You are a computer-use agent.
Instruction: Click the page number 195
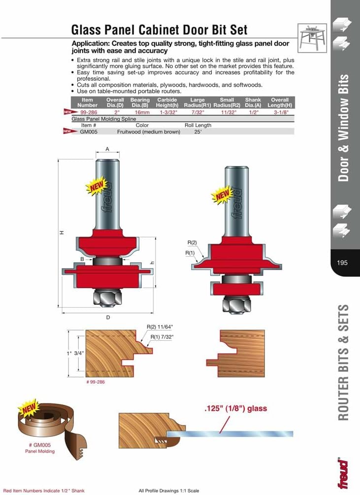pyautogui.click(x=342, y=263)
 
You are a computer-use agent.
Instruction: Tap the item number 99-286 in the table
pyautogui.click(x=87, y=112)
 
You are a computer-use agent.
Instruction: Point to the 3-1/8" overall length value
pyautogui.click(x=279, y=112)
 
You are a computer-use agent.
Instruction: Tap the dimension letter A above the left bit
pyautogui.click(x=107, y=149)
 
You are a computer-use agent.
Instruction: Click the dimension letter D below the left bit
pyautogui.click(x=108, y=318)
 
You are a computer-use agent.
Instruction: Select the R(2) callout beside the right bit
pyautogui.click(x=192, y=243)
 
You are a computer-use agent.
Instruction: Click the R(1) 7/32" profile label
pyautogui.click(x=162, y=336)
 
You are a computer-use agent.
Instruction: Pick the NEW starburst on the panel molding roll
pyautogui.click(x=28, y=407)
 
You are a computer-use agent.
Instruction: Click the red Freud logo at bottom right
pyautogui.click(x=343, y=473)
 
